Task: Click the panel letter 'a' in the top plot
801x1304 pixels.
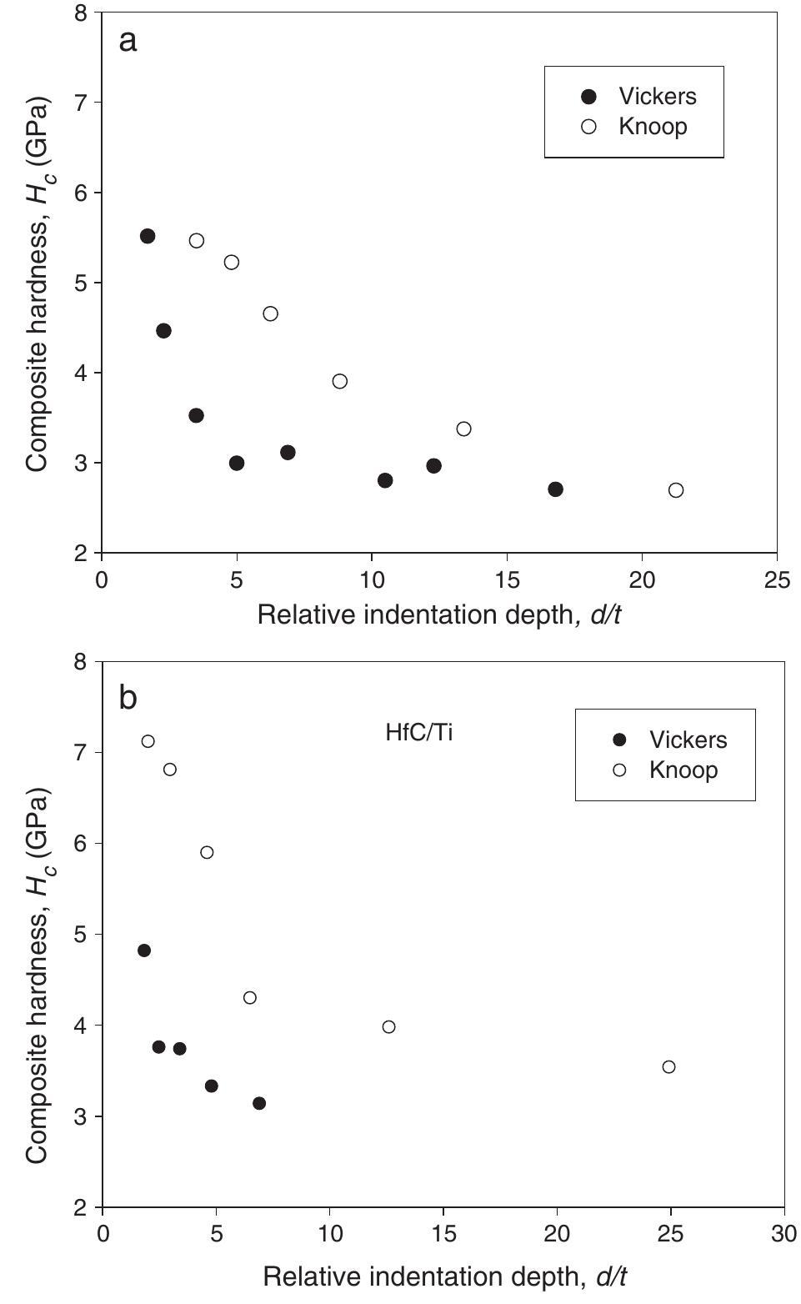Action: [128, 40]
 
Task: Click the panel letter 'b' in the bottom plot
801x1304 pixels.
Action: [128, 698]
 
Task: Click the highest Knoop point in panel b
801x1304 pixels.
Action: [148, 741]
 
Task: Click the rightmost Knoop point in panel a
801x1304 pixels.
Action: [676, 490]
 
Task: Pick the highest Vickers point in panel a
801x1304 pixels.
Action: [148, 236]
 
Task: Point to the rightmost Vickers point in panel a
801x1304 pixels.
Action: [556, 489]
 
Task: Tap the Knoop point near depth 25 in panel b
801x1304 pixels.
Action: [668, 1066]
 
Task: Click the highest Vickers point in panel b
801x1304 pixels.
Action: [144, 950]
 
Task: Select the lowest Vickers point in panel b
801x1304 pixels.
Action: [259, 1103]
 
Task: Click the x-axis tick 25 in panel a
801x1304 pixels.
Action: [777, 580]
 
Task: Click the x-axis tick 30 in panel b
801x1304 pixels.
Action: [783, 1234]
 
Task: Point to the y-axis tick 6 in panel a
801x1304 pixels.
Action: [83, 193]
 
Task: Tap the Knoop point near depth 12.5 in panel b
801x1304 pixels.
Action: [388, 1026]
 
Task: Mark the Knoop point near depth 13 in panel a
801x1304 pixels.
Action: [464, 429]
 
